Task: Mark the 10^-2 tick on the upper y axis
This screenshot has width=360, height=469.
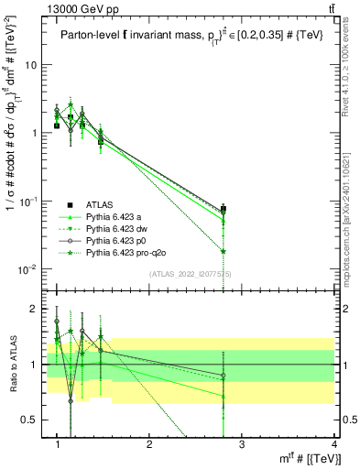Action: [27, 268]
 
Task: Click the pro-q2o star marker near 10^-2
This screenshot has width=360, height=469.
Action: [224, 251]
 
